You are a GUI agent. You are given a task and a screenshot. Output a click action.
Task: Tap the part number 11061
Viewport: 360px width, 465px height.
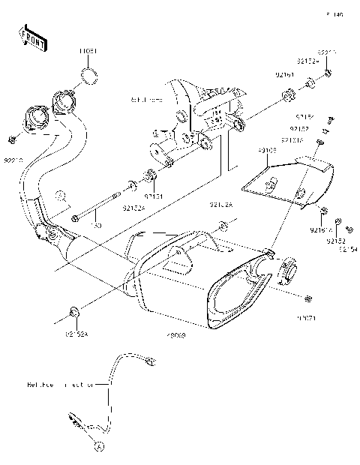[x=88, y=52]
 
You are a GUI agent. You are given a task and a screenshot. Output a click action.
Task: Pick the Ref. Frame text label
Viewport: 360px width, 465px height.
[x=146, y=98]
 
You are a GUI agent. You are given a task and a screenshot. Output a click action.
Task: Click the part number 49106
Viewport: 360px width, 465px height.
[x=268, y=150]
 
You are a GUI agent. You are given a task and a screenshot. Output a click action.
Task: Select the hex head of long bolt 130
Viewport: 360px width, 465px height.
[x=76, y=218]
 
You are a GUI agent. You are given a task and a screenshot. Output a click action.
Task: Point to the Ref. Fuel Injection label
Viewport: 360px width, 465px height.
[x=60, y=384]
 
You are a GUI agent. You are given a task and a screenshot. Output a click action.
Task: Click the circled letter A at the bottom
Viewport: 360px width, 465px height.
[x=97, y=445]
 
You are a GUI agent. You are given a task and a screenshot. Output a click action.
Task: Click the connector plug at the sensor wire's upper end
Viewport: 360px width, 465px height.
[x=150, y=362]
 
